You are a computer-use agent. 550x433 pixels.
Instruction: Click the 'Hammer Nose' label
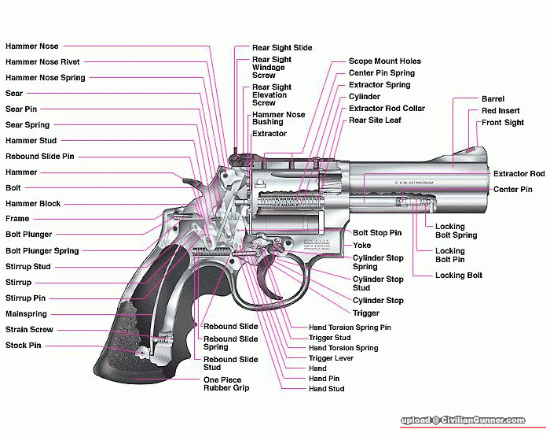pyautogui.click(x=32, y=46)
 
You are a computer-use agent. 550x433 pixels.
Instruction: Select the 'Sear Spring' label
pyautogui.click(x=27, y=124)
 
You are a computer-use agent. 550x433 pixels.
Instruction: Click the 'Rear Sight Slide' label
pyautogui.click(x=282, y=48)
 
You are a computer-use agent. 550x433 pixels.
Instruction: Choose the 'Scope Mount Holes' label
pyautogui.click(x=385, y=61)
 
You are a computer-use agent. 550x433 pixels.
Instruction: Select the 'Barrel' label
pyautogui.click(x=493, y=99)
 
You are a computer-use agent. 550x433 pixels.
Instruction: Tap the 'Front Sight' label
pyautogui.click(x=503, y=123)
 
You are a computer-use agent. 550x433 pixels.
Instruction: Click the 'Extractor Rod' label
pyautogui.click(x=519, y=173)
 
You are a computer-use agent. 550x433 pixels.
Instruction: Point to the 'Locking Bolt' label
pyautogui.click(x=459, y=276)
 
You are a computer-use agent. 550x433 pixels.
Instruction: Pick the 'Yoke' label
pyautogui.click(x=361, y=246)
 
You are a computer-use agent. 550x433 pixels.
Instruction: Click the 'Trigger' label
pyautogui.click(x=366, y=313)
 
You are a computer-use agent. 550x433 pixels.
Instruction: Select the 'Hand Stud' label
pyautogui.click(x=327, y=389)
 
